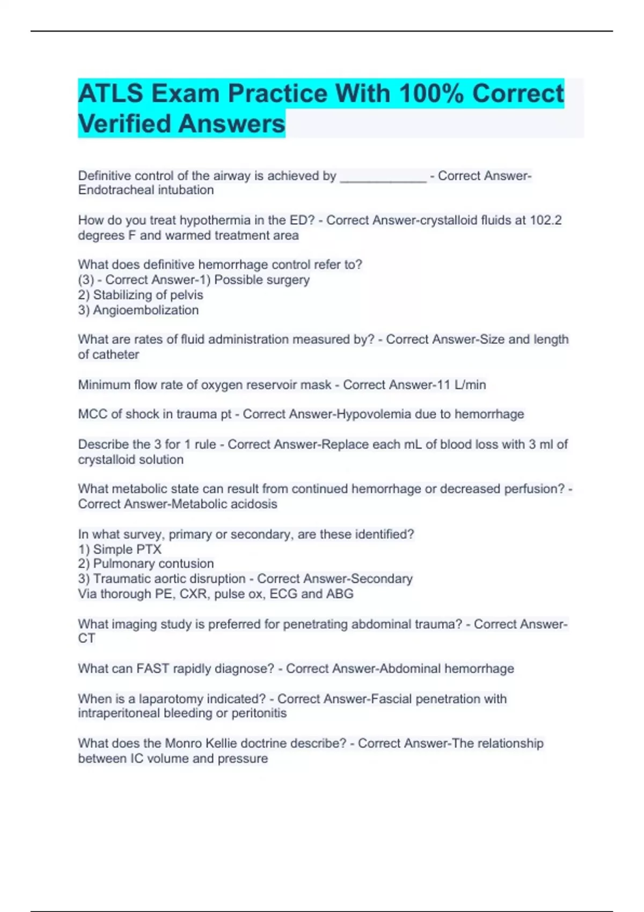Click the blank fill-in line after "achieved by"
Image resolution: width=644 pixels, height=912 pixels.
tap(383, 177)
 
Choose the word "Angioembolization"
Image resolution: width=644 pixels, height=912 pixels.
tap(145, 310)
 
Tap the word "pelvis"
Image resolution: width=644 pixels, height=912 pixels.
tap(186, 295)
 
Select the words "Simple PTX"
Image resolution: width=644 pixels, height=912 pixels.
tap(127, 549)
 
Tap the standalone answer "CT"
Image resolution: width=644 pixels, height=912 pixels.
tap(86, 638)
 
